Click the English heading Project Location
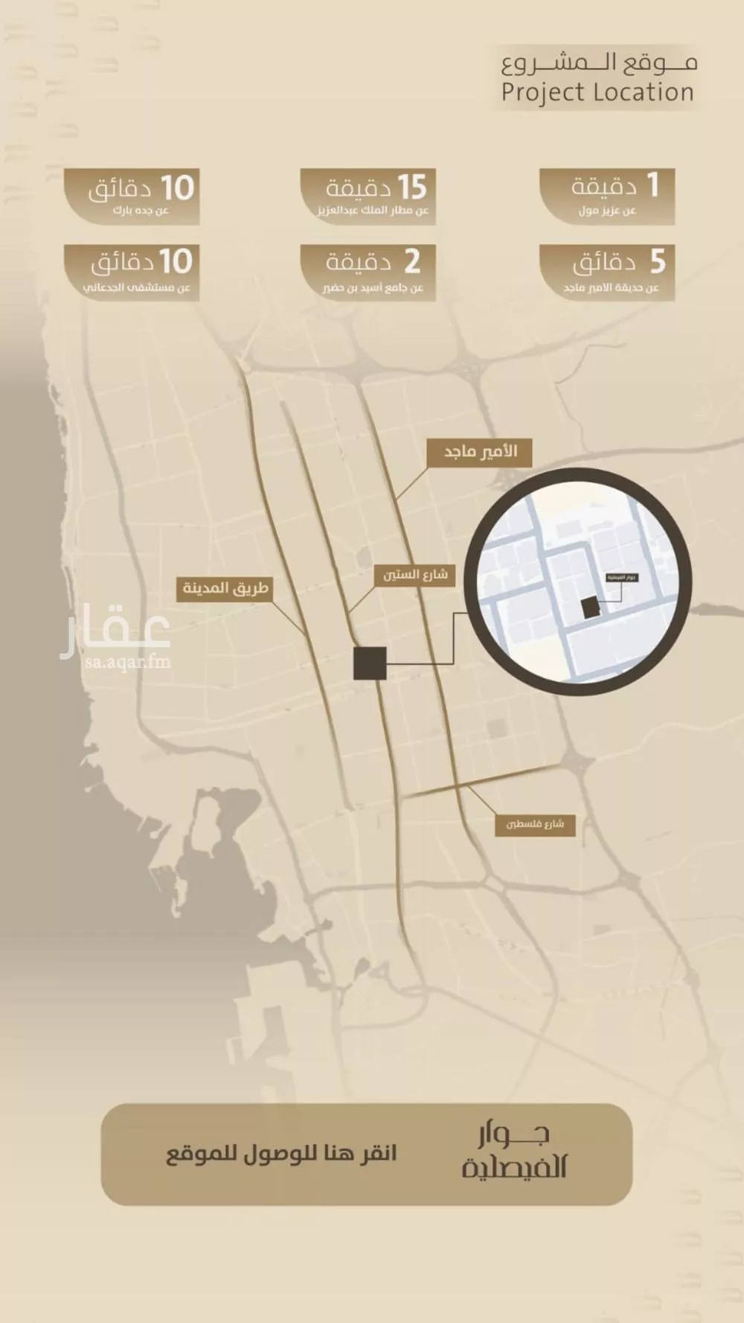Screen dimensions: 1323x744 pyautogui.click(x=597, y=93)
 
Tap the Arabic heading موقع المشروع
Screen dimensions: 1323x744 pyautogui.click(x=599, y=63)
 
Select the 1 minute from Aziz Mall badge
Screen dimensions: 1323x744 pyautogui.click(x=607, y=196)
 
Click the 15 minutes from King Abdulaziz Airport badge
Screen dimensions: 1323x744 pyautogui.click(x=369, y=196)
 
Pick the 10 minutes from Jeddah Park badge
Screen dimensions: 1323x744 pyautogui.click(x=132, y=196)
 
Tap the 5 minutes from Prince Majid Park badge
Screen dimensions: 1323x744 pyautogui.click(x=607, y=272)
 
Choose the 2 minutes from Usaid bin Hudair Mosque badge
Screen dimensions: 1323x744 pyautogui.click(x=369, y=272)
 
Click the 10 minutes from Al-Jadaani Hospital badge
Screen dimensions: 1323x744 pyautogui.click(x=132, y=272)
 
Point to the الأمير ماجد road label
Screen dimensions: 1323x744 pyautogui.click(x=480, y=452)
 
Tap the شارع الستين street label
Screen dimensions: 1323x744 pyautogui.click(x=414, y=575)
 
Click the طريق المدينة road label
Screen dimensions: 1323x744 pyautogui.click(x=225, y=588)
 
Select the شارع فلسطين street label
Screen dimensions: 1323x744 pyautogui.click(x=535, y=824)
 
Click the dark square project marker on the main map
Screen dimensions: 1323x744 pyautogui.click(x=370, y=663)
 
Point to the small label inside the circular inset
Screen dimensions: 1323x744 pyautogui.click(x=622, y=578)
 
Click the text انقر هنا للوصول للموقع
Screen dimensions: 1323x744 pyautogui.click(x=281, y=1155)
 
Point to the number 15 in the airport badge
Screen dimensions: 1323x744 pyautogui.click(x=411, y=188)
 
